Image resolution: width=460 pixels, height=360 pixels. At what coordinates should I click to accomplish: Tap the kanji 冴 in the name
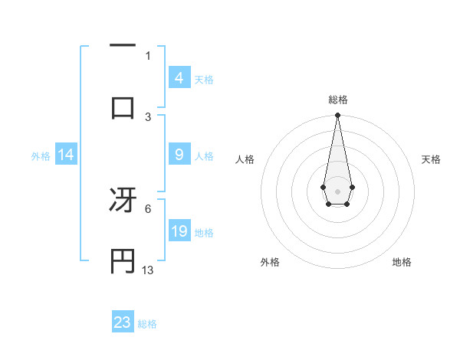pos(123,201)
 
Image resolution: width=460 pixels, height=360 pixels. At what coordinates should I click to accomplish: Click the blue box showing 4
pos(179,78)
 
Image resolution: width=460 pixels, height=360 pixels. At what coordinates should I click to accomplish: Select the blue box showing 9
pos(179,155)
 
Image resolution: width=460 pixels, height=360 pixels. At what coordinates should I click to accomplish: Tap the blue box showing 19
pos(179,231)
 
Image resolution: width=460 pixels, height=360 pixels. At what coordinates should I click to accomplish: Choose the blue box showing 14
pos(66,155)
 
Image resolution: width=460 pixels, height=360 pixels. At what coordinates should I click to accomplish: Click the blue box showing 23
pos(123,322)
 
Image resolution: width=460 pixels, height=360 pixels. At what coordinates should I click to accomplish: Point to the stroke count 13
pos(148,270)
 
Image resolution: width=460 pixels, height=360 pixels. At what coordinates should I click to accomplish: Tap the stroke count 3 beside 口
pos(148,117)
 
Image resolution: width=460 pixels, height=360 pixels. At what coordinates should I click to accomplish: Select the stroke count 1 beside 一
pos(148,55)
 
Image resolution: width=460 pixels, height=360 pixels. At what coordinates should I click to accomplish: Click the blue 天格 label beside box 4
pos(204,80)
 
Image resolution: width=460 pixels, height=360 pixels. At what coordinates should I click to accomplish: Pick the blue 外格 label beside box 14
pos(41,156)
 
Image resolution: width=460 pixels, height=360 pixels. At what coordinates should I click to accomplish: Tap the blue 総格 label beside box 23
pos(147,324)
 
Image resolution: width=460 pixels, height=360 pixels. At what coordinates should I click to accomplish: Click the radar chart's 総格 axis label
pos(337,100)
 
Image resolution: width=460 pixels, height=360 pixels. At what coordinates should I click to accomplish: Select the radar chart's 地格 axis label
pos(402,263)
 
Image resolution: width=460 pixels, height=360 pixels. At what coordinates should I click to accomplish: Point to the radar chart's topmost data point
pos(337,116)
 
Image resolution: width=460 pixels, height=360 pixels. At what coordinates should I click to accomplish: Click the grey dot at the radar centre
pos(337,190)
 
